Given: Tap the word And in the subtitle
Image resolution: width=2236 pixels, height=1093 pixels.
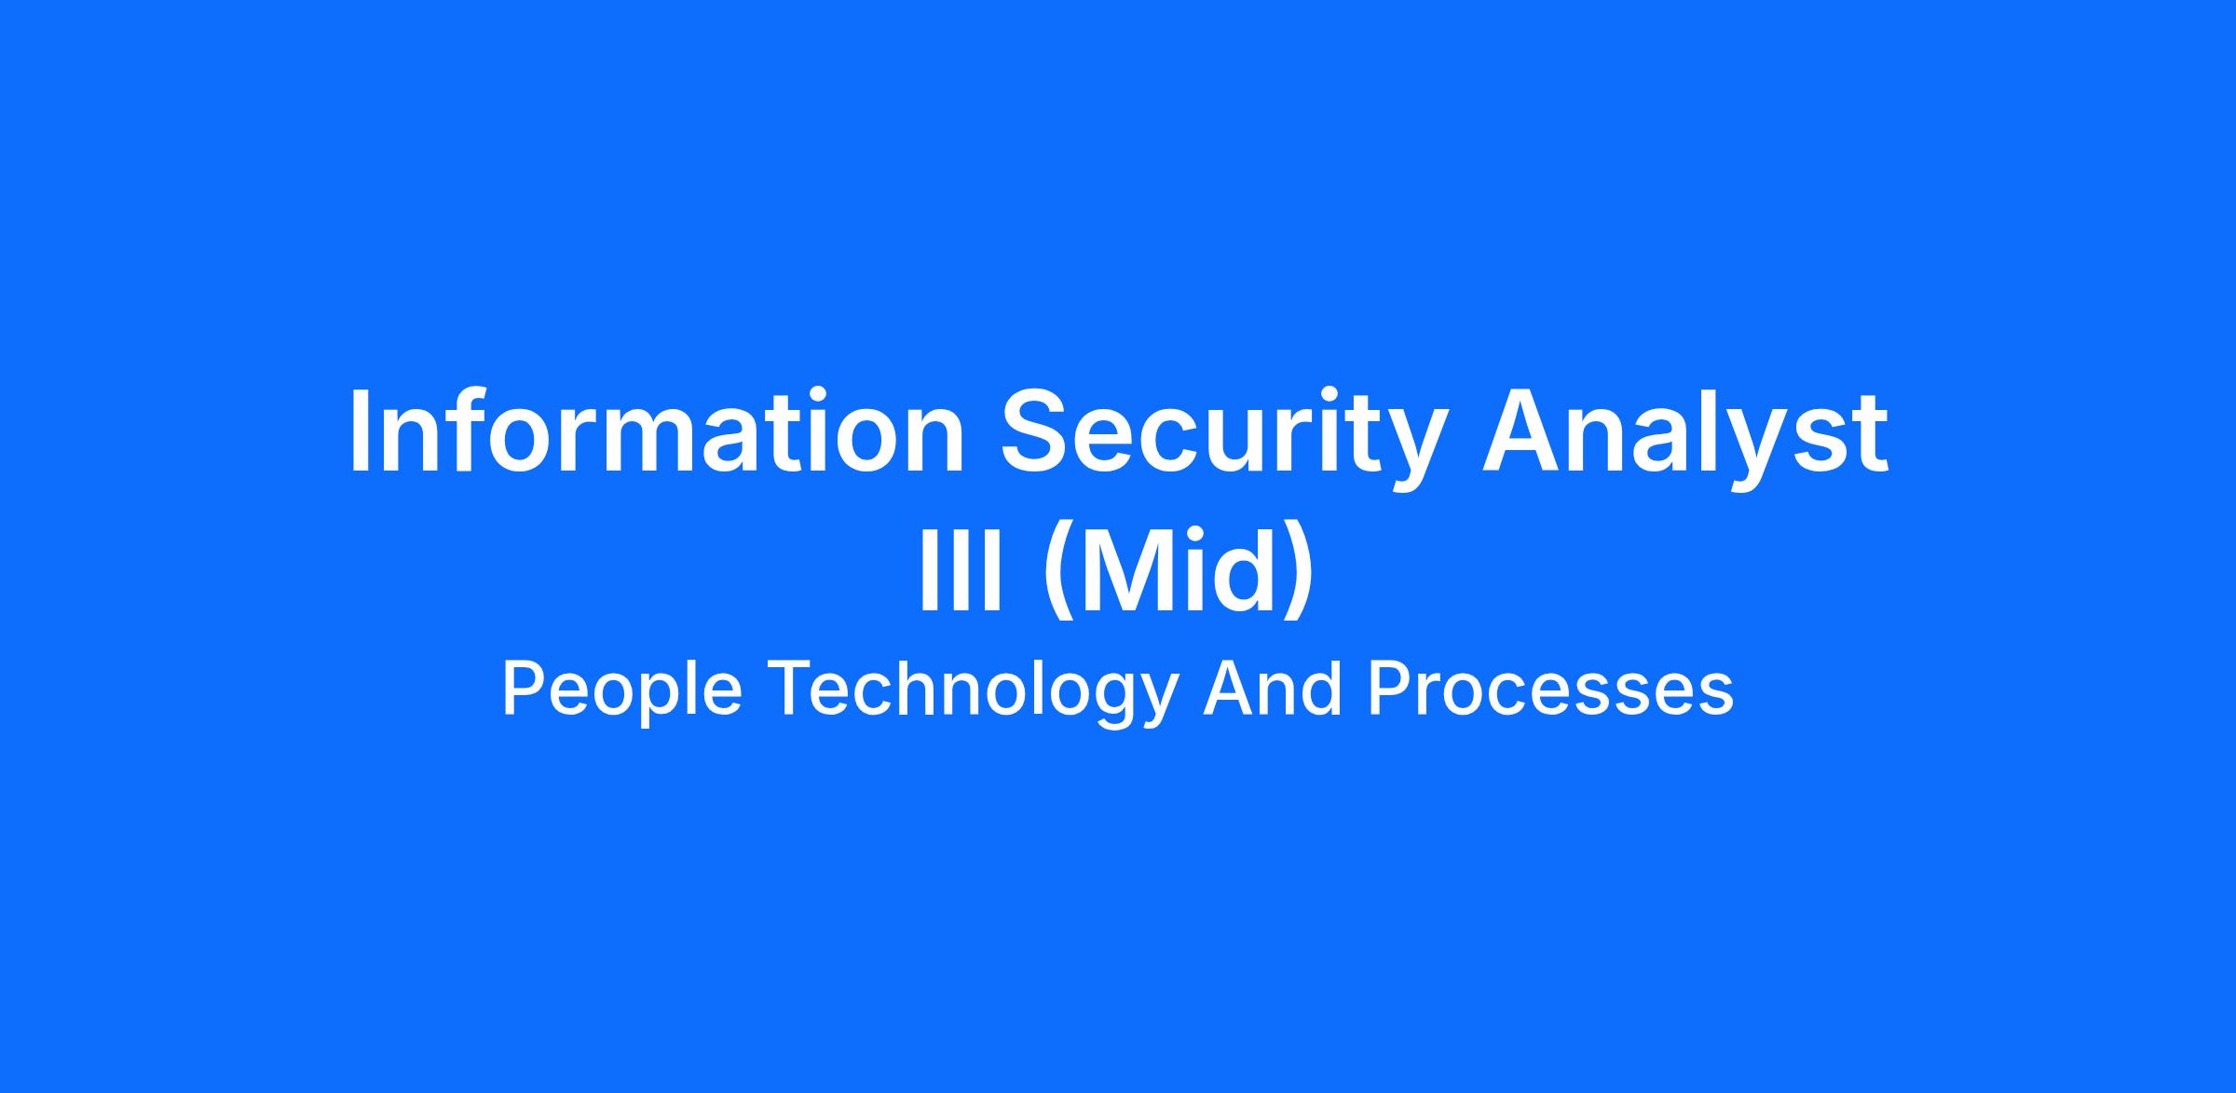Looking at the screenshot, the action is click(x=1273, y=688).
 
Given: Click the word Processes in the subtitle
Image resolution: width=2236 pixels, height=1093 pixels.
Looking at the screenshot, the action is click(x=1550, y=688).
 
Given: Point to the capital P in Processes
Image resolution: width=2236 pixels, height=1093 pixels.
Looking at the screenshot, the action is click(x=1390, y=689).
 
